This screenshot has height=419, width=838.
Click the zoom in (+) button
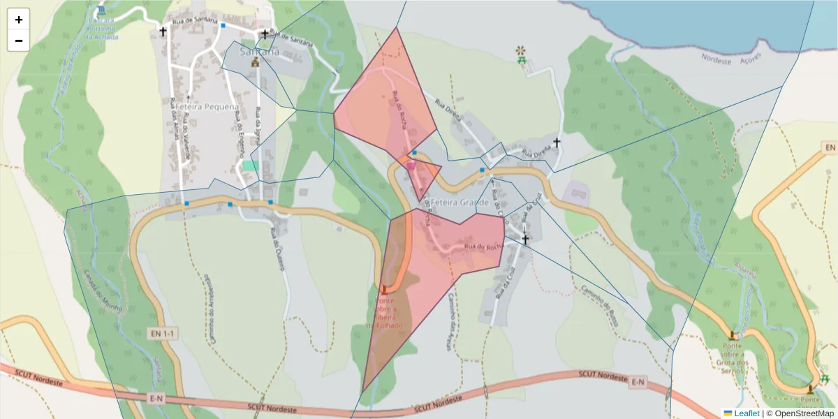tap(19, 20)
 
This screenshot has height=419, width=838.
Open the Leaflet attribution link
tap(747, 413)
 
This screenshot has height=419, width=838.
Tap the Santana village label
tap(259, 52)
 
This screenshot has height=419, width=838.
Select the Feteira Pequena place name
tap(207, 108)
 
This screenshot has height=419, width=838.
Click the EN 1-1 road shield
tap(163, 335)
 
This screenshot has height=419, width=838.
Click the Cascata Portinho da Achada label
tap(103, 29)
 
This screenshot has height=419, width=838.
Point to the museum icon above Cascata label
tap(103, 12)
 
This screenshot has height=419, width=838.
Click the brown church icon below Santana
tap(255, 63)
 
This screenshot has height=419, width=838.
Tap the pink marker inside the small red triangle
tap(411, 166)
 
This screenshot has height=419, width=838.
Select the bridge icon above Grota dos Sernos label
tap(732, 335)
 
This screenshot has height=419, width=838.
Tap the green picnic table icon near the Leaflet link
tap(825, 379)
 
